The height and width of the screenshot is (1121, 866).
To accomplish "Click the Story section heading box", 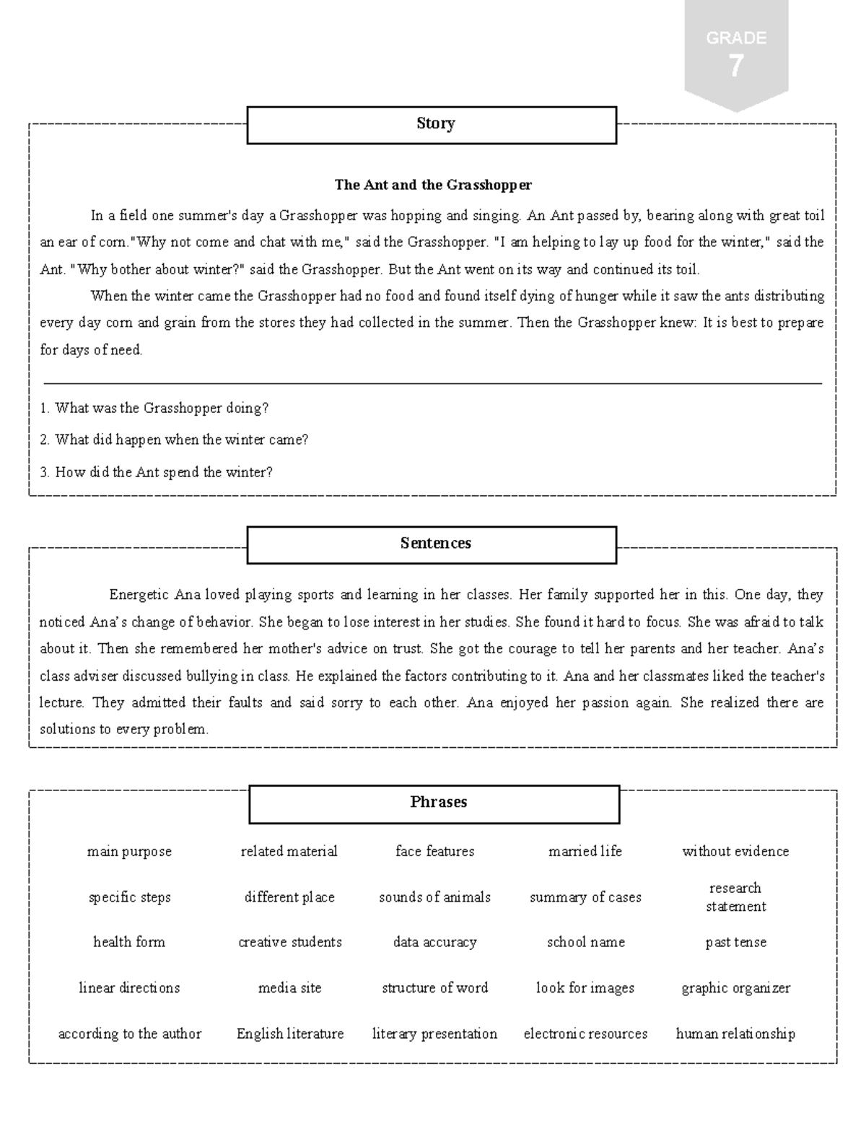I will (x=432, y=125).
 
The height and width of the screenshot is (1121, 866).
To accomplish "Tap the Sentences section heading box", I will (x=432, y=544).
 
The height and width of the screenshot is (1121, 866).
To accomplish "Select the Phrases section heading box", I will (x=434, y=803).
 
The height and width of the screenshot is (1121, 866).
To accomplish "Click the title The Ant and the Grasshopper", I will (x=433, y=185).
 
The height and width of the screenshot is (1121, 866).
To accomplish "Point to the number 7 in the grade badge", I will (x=735, y=67).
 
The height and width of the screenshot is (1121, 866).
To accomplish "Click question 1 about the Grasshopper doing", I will (x=154, y=409).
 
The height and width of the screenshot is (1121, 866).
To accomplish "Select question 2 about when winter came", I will (x=174, y=440).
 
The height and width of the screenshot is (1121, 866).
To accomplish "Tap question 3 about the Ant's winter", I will (x=157, y=473).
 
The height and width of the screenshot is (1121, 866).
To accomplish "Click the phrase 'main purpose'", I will (x=129, y=852).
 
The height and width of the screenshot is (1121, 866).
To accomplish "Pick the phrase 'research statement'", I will (x=735, y=897).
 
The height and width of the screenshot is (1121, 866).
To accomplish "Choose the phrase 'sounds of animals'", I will (x=434, y=897).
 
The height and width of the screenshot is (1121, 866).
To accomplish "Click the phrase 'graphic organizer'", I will (x=735, y=988).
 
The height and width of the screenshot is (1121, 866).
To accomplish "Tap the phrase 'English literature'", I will (x=290, y=1034).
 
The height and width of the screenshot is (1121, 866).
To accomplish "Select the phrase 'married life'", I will (x=585, y=852).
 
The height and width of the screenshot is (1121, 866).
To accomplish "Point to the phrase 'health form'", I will (x=129, y=942).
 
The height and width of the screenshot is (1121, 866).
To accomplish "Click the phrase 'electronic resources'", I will (x=585, y=1034).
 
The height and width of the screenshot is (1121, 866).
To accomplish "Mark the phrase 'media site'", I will (x=290, y=988).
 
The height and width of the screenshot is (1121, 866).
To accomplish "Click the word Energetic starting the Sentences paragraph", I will (x=139, y=596).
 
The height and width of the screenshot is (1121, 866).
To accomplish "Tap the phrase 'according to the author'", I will (x=130, y=1034).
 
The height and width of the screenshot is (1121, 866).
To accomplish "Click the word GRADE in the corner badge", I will (x=735, y=38).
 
